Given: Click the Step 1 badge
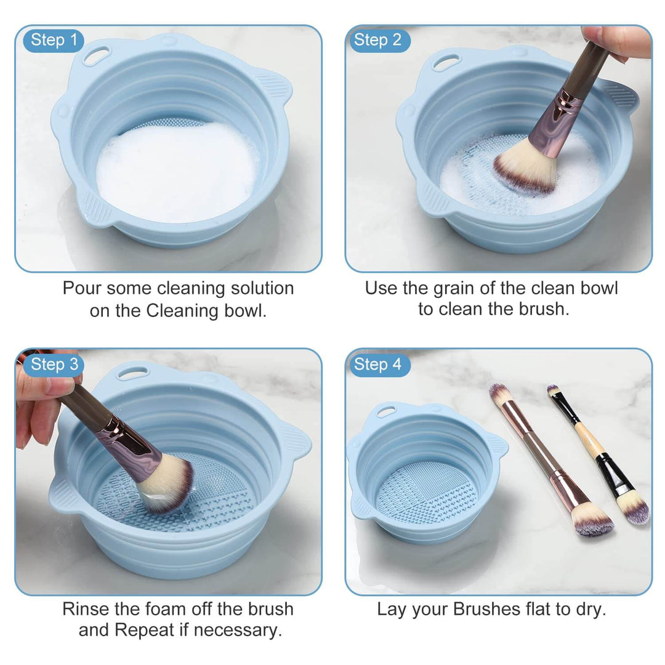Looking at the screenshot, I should (x=54, y=41).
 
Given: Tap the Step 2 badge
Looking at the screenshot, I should (x=377, y=41).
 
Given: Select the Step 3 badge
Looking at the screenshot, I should (x=54, y=365).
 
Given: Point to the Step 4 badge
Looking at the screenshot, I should (x=377, y=365).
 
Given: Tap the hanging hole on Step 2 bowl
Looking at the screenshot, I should (x=446, y=62).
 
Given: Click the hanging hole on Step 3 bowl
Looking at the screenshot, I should (x=132, y=373).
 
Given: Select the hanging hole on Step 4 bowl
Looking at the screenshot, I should (x=386, y=411).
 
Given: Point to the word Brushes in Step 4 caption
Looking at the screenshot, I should (x=487, y=610).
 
